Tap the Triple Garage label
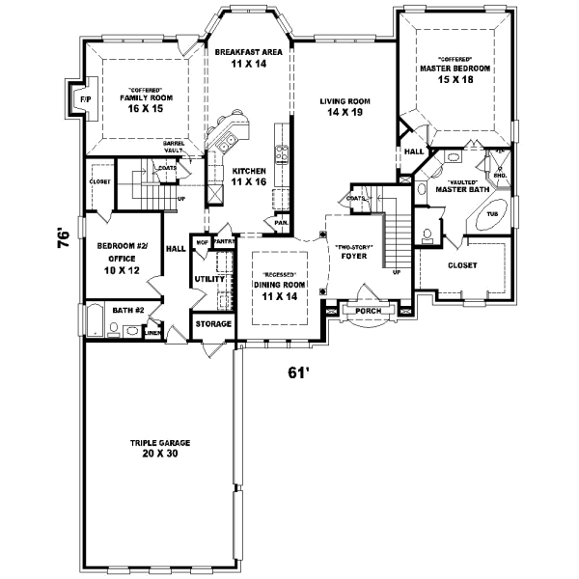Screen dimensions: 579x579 [x=161, y=448]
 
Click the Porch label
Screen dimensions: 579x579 [x=368, y=310]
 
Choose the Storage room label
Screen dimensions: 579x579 [x=212, y=324]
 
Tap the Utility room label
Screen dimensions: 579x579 [x=209, y=279]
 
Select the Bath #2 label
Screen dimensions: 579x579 [x=127, y=310]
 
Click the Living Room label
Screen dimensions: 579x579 [x=343, y=106]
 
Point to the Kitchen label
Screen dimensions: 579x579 [x=248, y=176]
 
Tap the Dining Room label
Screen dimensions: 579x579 [x=280, y=289]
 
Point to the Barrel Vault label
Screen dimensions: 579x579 [x=174, y=148]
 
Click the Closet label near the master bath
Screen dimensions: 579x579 [x=461, y=265]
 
